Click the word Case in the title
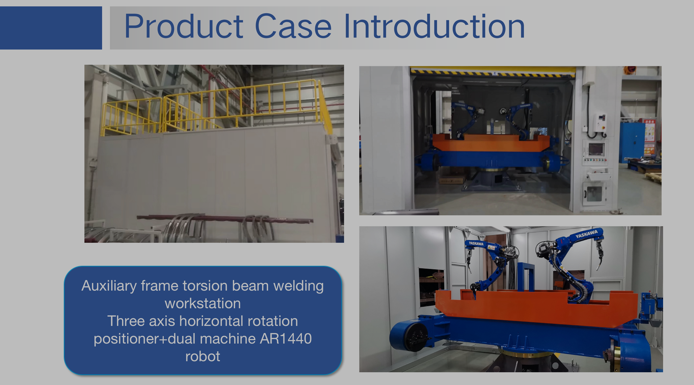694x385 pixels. point(293,26)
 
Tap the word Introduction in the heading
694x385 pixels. point(434,26)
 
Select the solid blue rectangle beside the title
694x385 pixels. point(51,28)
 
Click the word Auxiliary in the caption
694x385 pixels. point(109,286)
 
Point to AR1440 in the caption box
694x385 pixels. point(286,338)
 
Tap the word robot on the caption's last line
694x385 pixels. point(203,357)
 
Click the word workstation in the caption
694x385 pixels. point(203,303)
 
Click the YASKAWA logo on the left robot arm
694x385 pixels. point(476,244)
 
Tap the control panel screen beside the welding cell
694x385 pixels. point(596,149)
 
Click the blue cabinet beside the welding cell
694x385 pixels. point(632,143)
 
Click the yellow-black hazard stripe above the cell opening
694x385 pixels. point(493,72)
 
